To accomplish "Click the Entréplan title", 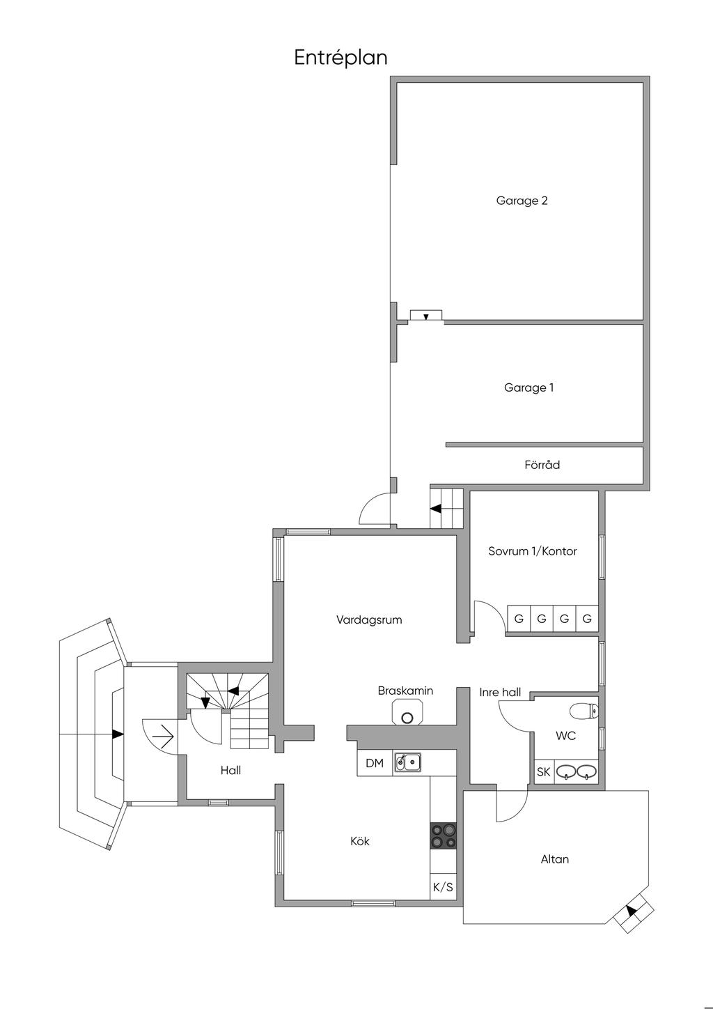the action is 340,58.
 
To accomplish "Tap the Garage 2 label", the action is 522,201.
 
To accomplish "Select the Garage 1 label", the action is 528,388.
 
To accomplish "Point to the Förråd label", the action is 542,464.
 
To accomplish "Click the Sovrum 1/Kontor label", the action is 533,551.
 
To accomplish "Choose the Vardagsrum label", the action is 369,619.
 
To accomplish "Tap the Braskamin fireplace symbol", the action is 407,711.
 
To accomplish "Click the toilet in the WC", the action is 583,711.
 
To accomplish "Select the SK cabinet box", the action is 543,772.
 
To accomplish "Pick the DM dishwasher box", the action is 375,763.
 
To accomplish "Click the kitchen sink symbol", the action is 407,762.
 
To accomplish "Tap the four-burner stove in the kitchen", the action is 444,835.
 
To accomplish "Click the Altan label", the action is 554,859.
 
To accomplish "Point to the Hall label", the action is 230,770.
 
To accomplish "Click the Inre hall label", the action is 500,692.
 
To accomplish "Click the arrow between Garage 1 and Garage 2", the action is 426,316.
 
